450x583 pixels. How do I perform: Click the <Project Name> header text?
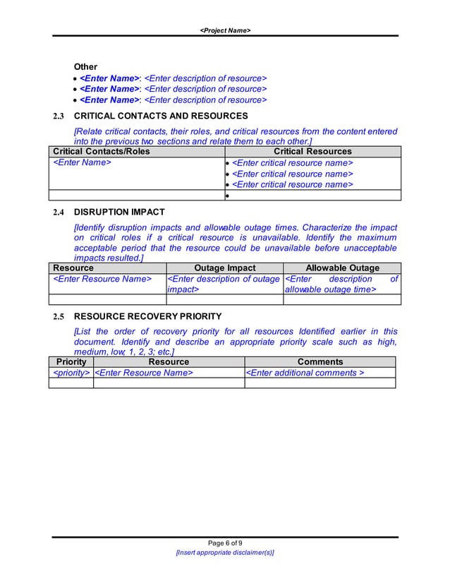(225, 30)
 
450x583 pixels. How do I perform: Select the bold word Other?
(85, 66)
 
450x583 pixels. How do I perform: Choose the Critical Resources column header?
(312, 151)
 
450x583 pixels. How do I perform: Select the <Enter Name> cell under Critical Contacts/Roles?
(83, 163)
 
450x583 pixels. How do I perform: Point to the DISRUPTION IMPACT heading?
(119, 211)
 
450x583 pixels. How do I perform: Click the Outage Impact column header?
(224, 268)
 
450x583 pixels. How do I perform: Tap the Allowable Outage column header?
(342, 268)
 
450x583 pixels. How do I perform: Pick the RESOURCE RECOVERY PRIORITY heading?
(147, 315)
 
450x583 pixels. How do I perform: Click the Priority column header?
(71, 362)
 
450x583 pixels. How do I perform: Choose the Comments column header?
(320, 362)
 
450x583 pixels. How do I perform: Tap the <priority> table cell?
(71, 373)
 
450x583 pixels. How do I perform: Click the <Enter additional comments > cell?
(305, 373)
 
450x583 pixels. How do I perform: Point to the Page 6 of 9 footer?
(225, 542)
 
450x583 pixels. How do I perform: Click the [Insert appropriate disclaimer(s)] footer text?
(225, 553)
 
